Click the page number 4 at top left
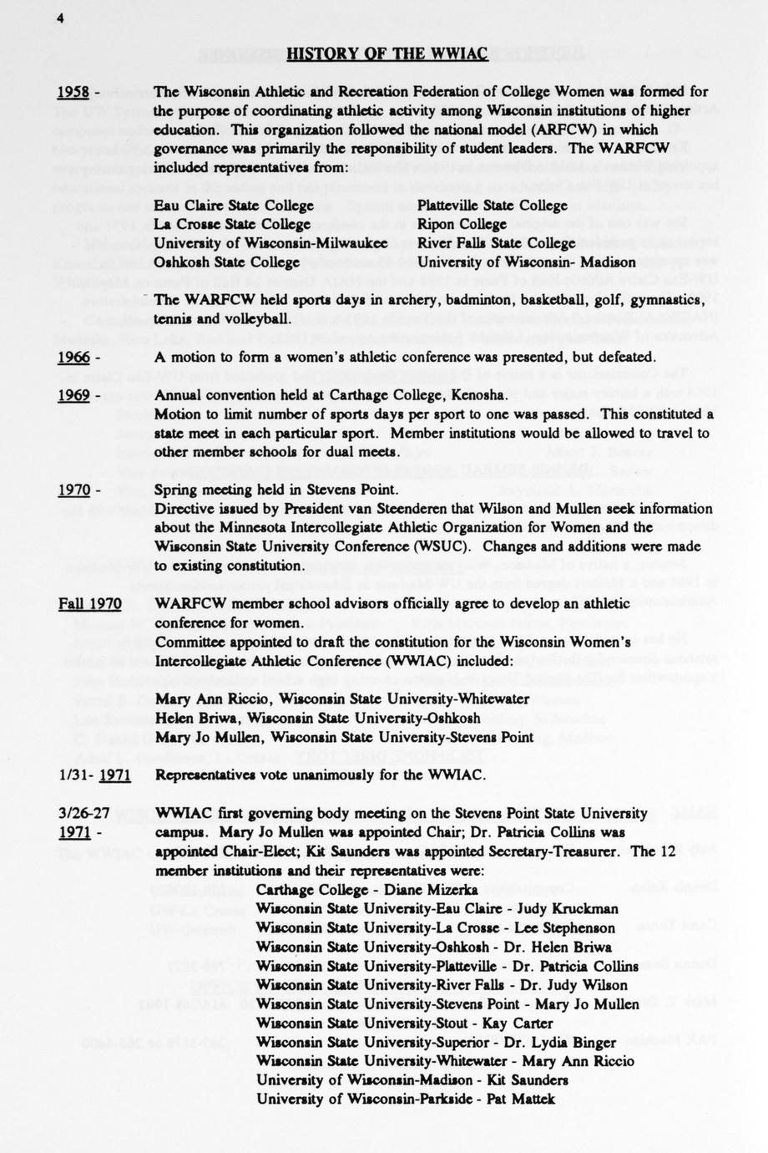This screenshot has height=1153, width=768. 61,21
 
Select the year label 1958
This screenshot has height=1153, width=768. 73,92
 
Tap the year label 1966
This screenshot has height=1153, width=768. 73,358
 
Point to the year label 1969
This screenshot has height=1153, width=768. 73,395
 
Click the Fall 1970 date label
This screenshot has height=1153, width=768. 89,604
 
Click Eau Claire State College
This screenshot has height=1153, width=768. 234,206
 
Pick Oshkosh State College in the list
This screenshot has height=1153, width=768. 227,262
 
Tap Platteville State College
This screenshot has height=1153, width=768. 492,206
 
